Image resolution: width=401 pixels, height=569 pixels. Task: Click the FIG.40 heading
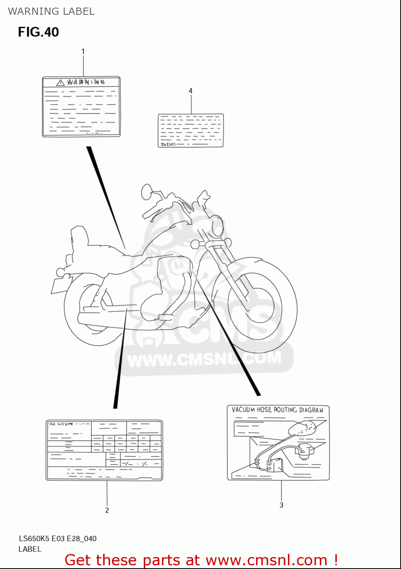pyautogui.click(x=38, y=32)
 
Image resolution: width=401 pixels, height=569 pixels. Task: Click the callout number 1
pyautogui.click(x=83, y=51)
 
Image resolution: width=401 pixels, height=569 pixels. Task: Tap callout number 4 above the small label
pyautogui.click(x=190, y=91)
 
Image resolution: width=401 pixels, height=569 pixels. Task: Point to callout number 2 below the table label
pyautogui.click(x=107, y=510)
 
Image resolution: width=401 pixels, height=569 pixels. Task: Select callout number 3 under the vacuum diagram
pyautogui.click(x=281, y=505)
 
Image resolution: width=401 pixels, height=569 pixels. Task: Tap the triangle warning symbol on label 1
pyautogui.click(x=60, y=82)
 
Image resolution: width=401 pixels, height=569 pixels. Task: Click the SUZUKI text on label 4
pyautogui.click(x=168, y=144)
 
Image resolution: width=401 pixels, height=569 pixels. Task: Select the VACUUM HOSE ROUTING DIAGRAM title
pyautogui.click(x=278, y=410)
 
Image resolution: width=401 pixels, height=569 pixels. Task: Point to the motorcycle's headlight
pyautogui.click(x=218, y=225)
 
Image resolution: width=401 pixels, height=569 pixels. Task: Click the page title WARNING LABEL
pyautogui.click(x=51, y=11)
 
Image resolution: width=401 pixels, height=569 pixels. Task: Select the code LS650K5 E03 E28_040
pyautogui.click(x=58, y=538)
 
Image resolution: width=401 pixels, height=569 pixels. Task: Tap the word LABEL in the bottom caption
pyautogui.click(x=30, y=549)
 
